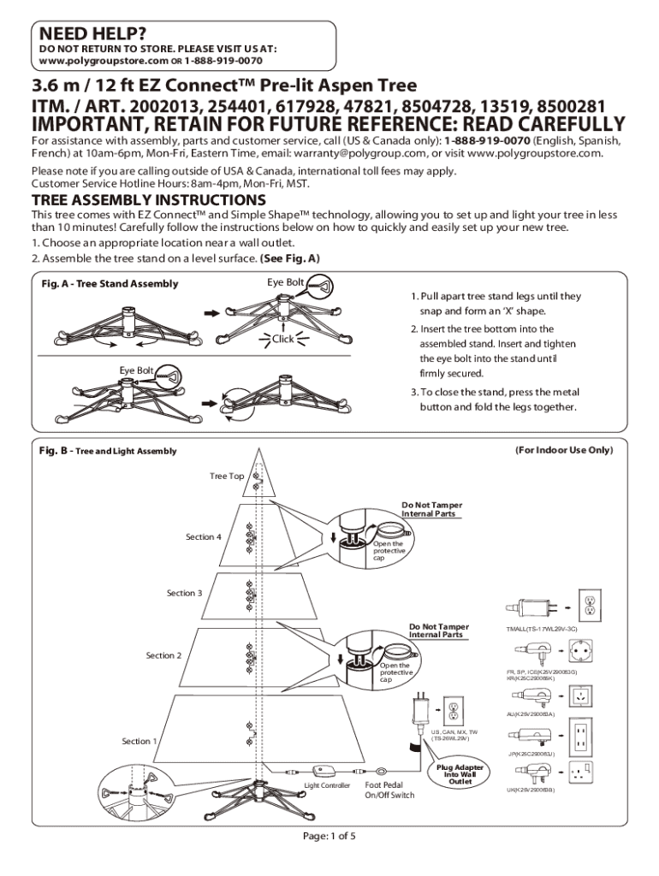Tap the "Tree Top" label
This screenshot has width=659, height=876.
click(227, 476)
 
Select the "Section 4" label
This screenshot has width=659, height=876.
click(203, 537)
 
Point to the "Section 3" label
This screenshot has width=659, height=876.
click(184, 593)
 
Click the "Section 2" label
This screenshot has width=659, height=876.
click(163, 655)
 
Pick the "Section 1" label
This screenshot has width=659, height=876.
click(140, 741)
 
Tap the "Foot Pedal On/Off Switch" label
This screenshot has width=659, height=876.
click(389, 790)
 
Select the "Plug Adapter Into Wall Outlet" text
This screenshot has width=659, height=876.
click(460, 774)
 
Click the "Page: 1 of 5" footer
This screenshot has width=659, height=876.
click(329, 836)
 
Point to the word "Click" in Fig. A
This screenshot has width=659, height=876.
click(283, 339)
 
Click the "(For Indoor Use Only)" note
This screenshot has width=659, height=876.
click(563, 449)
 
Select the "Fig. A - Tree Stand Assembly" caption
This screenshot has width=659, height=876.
click(110, 284)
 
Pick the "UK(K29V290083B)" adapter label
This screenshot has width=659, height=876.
click(531, 790)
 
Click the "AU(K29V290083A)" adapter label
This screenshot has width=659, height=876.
click(531, 713)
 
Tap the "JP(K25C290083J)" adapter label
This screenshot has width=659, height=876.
click(531, 755)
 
